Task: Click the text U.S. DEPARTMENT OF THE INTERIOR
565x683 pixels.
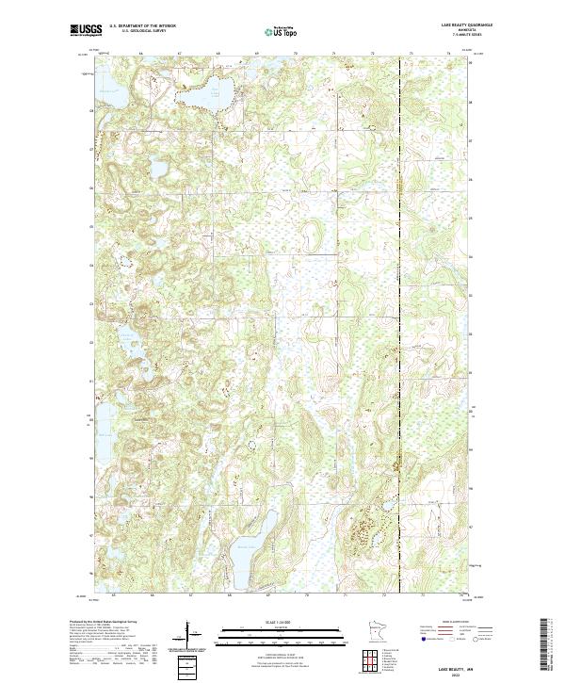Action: click(x=142, y=26)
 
